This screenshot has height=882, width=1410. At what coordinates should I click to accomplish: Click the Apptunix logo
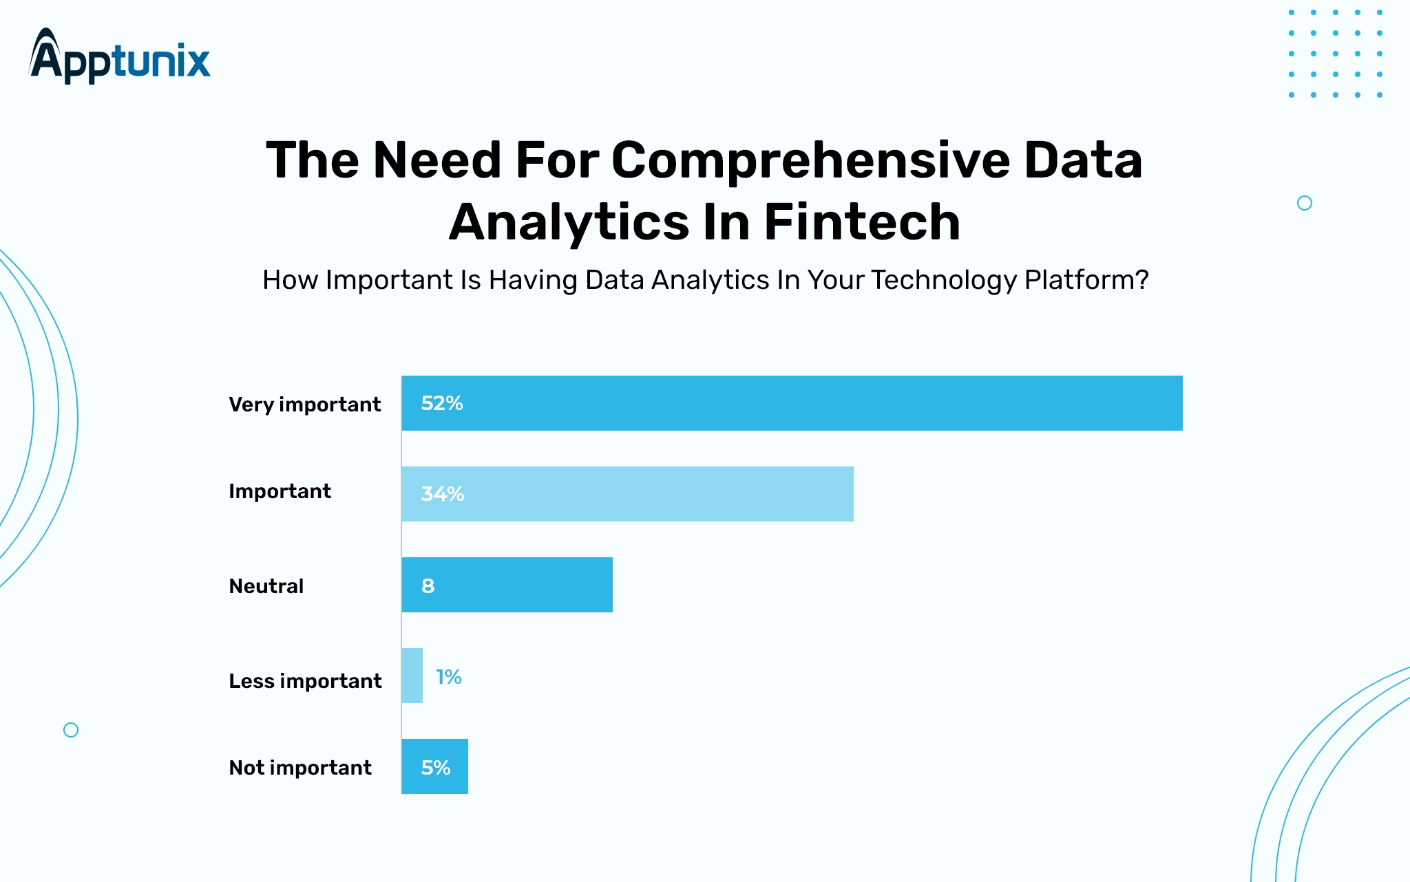[120, 56]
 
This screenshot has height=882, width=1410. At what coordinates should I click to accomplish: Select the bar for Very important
[792, 403]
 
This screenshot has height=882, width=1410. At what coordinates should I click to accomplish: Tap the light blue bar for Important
[628, 494]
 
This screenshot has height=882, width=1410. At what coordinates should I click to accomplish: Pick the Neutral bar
[507, 585]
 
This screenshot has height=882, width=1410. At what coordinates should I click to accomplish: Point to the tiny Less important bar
[412, 676]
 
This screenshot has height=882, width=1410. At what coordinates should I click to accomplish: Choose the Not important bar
[435, 766]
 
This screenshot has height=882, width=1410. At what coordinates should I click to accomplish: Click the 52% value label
[442, 403]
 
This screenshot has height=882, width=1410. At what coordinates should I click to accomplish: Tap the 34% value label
[443, 494]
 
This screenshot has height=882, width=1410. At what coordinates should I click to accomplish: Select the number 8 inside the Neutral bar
[428, 586]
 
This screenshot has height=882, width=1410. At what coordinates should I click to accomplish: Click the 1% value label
[449, 677]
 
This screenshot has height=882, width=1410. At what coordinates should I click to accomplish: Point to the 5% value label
[436, 768]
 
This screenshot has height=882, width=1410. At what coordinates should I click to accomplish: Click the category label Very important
[304, 405]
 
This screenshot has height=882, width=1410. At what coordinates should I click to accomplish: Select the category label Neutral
[266, 586]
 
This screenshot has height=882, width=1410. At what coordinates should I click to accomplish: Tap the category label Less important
[305, 681]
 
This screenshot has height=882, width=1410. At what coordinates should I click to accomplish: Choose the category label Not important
[300, 768]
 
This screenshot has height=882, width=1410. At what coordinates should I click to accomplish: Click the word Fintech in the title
[862, 222]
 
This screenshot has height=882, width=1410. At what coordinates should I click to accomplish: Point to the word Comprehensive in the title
[810, 160]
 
